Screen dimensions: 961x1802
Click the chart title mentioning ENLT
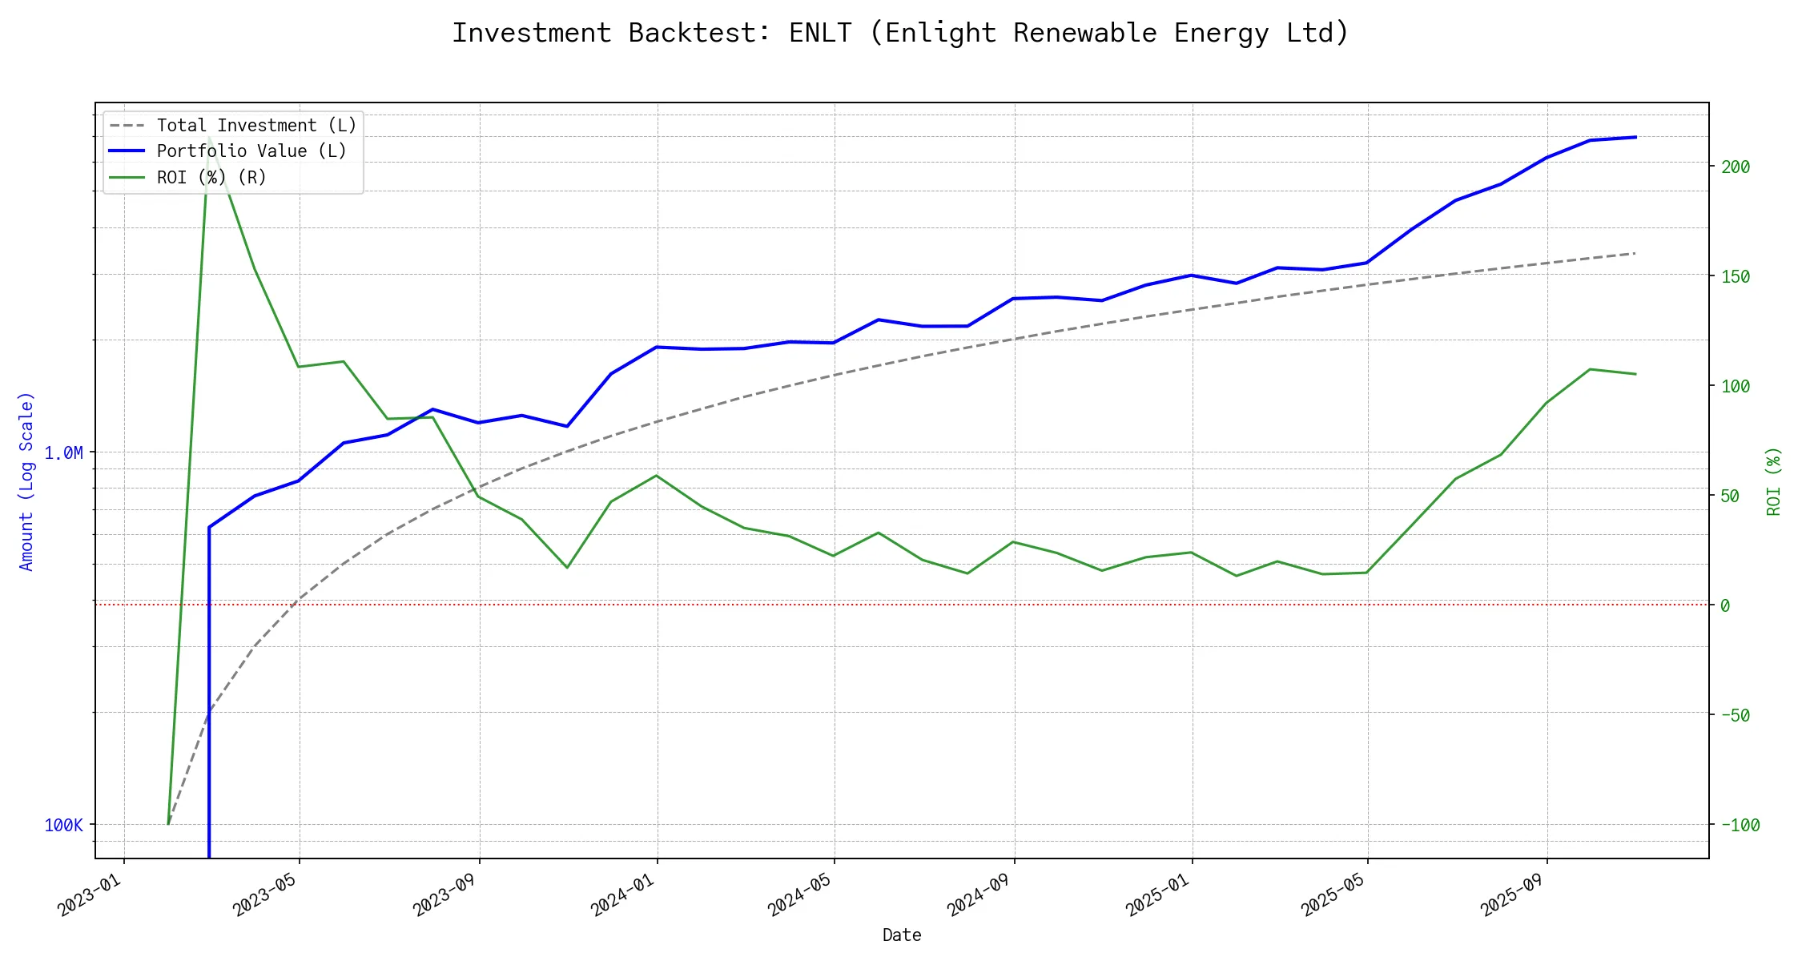(900, 33)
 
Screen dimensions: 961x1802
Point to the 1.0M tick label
(63, 453)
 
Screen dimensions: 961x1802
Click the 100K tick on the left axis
(63, 826)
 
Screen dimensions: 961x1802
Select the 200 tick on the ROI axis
(1736, 167)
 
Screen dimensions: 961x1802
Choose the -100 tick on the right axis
(1740, 826)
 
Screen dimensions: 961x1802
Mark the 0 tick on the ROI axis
(1725, 606)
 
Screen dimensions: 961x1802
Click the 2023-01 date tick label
(90, 895)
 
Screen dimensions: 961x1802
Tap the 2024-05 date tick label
(800, 895)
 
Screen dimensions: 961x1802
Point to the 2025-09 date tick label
(1513, 895)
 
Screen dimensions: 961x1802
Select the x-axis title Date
(901, 935)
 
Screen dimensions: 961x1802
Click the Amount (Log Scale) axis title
(26, 481)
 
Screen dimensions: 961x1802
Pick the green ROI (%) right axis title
(1773, 481)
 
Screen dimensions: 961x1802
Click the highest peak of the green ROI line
(209, 138)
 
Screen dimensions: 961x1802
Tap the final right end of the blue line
(1635, 137)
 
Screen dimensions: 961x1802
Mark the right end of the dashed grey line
(1635, 253)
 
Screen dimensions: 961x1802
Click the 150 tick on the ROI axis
(1736, 277)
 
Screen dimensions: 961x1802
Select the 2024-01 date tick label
(623, 895)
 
